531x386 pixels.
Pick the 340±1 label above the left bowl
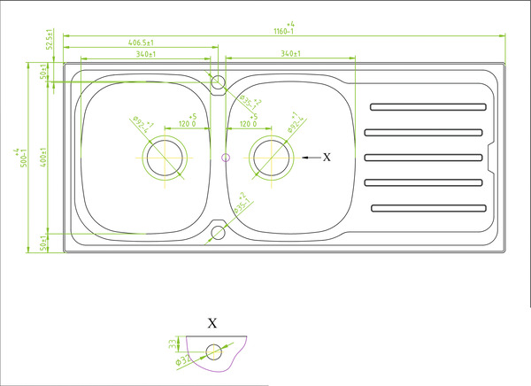(146, 54)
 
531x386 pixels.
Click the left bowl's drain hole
(165, 158)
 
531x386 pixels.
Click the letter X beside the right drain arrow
(327, 157)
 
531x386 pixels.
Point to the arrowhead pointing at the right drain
(305, 158)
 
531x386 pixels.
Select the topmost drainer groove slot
(428, 108)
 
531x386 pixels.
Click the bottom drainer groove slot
(428, 209)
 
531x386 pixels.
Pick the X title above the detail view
(212, 323)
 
